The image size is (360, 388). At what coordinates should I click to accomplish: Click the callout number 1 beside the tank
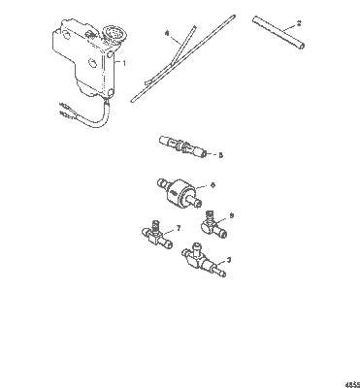(122, 60)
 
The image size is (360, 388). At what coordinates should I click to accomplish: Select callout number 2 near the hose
(298, 22)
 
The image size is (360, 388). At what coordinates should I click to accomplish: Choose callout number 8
(231, 217)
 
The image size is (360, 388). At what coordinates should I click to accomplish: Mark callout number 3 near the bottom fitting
(226, 259)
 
